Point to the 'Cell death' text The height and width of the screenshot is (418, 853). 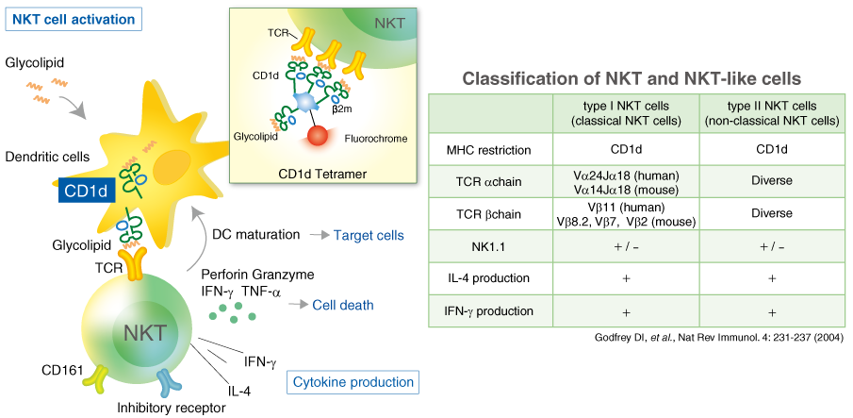pyautogui.click(x=343, y=305)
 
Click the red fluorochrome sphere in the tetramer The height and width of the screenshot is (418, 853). pyautogui.click(x=319, y=138)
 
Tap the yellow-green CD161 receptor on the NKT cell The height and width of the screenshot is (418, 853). pyautogui.click(x=96, y=376)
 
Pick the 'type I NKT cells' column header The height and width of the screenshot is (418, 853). pyautogui.click(x=626, y=112)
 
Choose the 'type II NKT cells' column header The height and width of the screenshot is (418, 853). pyautogui.click(x=771, y=112)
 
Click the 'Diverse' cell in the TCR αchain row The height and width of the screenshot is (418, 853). pyautogui.click(x=771, y=179)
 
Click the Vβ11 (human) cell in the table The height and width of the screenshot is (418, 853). pyautogui.click(x=626, y=214)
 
